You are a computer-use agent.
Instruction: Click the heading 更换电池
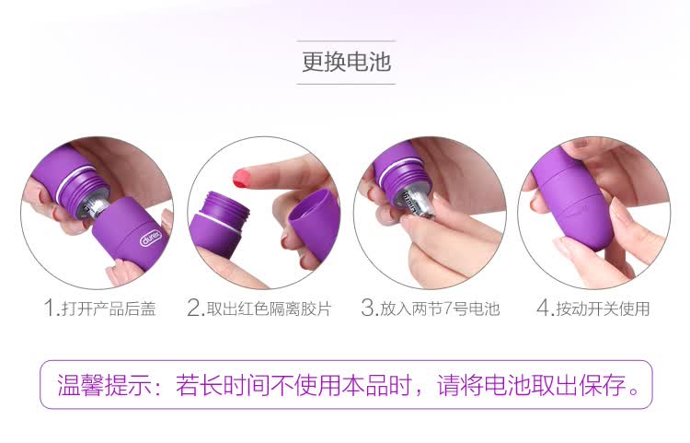(x=346, y=62)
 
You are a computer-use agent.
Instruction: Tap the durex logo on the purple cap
(x=151, y=239)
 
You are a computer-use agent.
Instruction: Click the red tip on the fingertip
(x=242, y=178)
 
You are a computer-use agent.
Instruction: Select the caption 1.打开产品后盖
(x=100, y=308)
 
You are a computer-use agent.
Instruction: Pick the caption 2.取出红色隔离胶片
(x=259, y=308)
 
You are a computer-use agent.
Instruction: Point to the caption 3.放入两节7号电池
(x=431, y=308)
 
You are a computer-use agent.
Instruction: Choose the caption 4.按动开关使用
(x=593, y=308)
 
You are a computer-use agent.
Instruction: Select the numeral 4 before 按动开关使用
(x=543, y=308)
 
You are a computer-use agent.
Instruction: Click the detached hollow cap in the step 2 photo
(x=315, y=225)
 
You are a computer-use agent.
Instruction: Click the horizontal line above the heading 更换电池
(x=346, y=41)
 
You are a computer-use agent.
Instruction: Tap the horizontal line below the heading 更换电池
(x=346, y=83)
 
